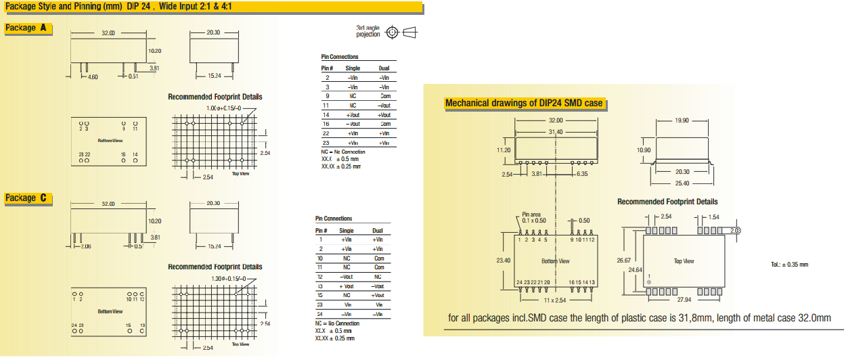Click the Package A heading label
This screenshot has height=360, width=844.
click(28, 28)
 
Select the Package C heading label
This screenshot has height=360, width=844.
click(28, 198)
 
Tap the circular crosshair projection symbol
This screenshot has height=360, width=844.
click(392, 32)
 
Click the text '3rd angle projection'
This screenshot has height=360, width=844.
click(368, 31)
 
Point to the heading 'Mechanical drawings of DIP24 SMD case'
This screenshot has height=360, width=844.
click(523, 104)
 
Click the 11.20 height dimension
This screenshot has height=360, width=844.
click(502, 150)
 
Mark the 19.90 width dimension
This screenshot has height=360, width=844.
click(682, 120)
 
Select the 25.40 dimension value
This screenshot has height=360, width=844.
click(682, 183)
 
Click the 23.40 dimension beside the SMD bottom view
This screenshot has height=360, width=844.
click(503, 259)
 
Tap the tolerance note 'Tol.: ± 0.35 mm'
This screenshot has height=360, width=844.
click(789, 264)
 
